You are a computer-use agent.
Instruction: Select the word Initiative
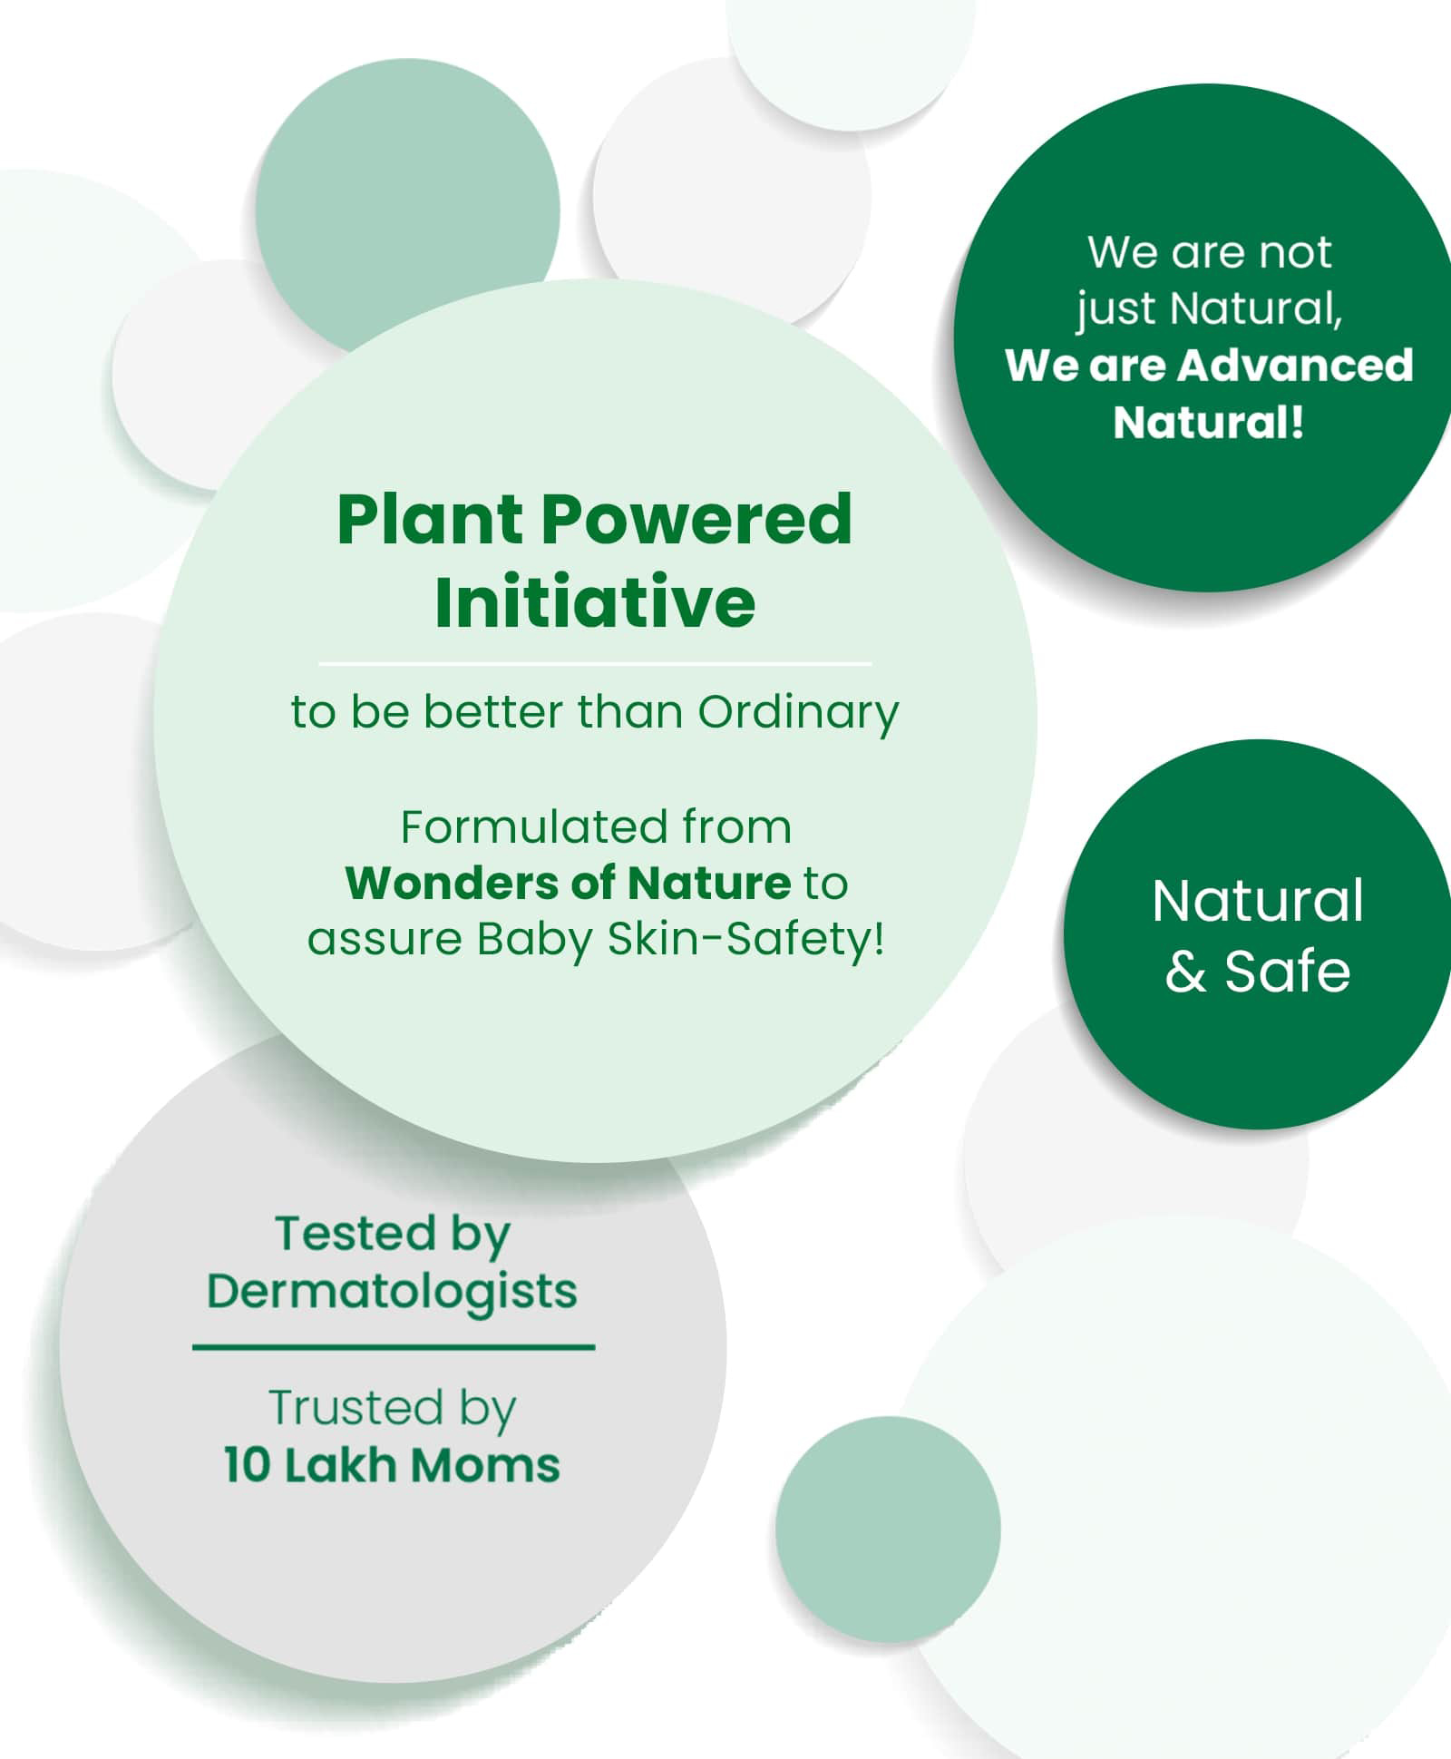point(595,601)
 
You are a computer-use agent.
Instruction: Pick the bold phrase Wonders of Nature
point(569,883)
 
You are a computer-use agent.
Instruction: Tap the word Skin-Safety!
point(745,938)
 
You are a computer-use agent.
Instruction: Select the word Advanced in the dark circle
point(1296,365)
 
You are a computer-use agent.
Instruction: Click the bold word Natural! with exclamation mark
point(1209,422)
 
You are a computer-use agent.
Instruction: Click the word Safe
point(1288,972)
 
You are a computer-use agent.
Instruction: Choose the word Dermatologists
point(392,1292)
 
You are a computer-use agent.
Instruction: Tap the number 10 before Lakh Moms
point(247,1465)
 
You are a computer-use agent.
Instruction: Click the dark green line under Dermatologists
point(394,1347)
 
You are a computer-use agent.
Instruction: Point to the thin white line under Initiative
point(595,664)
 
